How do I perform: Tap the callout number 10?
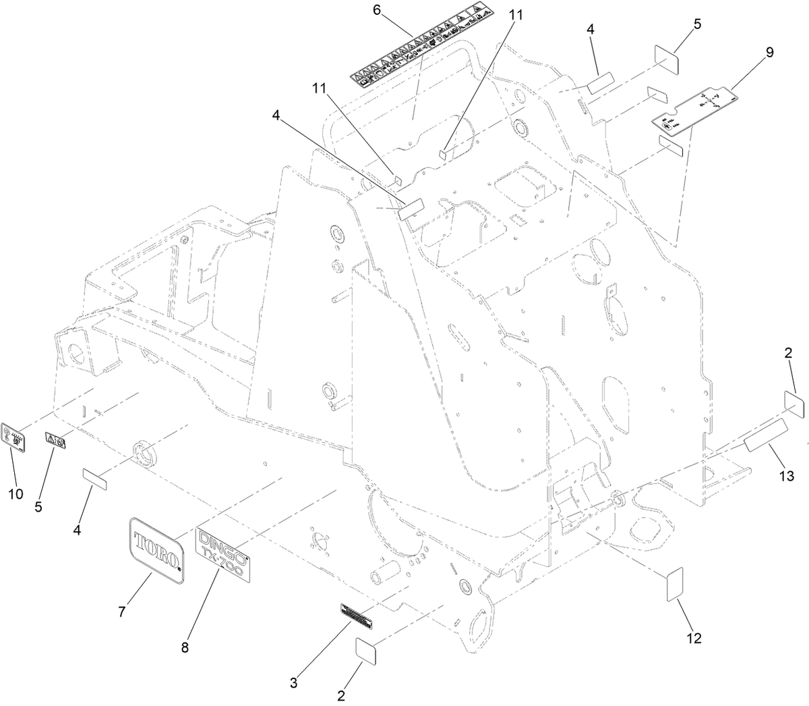[16, 494]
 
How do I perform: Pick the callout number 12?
[694, 638]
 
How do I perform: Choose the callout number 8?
[185, 647]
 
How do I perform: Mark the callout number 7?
[122, 612]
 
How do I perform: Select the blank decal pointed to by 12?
[675, 584]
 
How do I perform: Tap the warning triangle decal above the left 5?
[55, 440]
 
